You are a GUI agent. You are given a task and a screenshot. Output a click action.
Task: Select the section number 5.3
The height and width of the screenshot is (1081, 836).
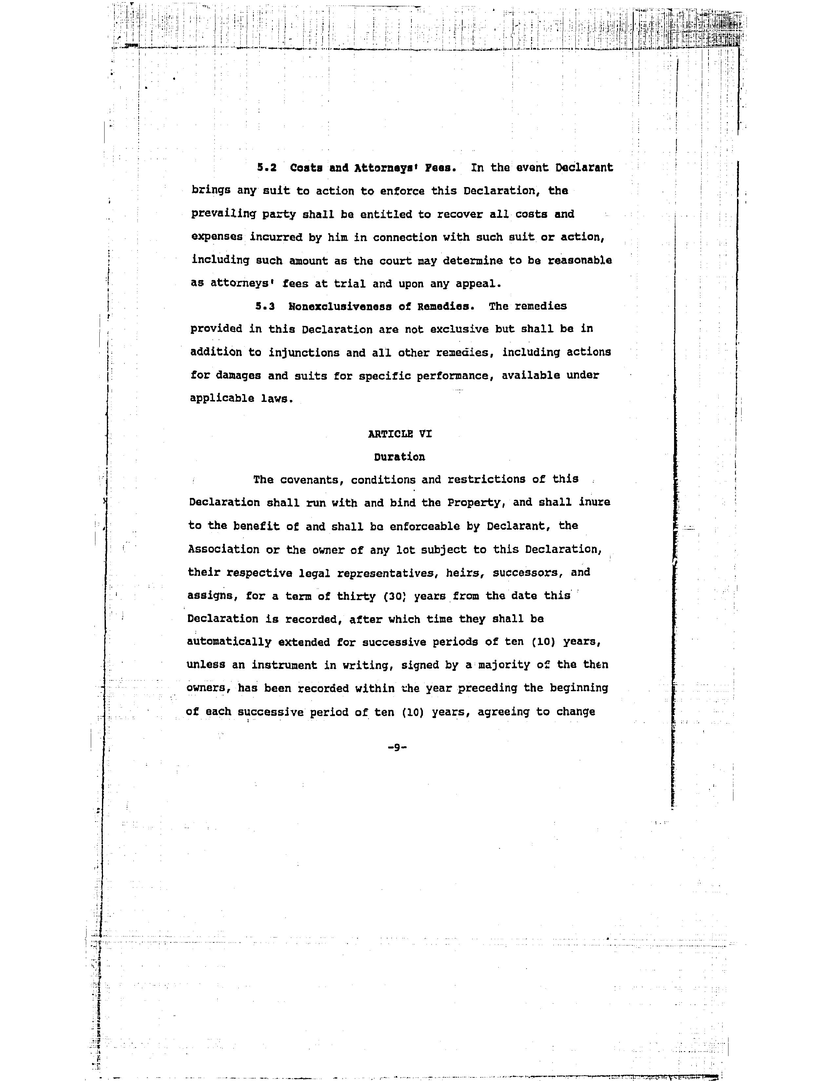click(265, 306)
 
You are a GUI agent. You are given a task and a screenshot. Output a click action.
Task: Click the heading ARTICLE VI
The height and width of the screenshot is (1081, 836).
click(400, 434)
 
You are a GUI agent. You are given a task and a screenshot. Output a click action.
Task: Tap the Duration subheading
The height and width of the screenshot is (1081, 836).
click(399, 457)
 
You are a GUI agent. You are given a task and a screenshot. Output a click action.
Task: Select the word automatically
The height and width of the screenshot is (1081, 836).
click(229, 642)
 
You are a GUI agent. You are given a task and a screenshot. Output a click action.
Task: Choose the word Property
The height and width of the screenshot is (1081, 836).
click(475, 503)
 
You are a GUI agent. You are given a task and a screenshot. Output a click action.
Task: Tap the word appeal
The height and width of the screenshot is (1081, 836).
click(478, 284)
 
